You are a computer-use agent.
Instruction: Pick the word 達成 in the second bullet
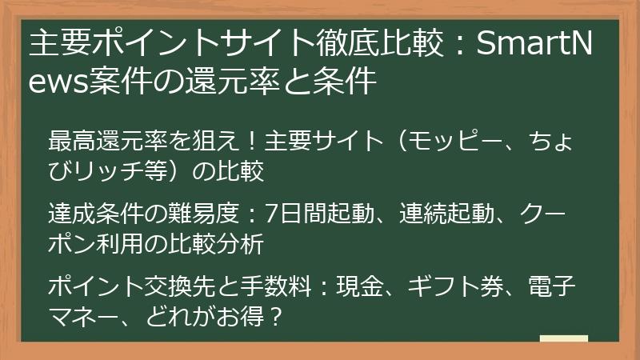tap(67, 215)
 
